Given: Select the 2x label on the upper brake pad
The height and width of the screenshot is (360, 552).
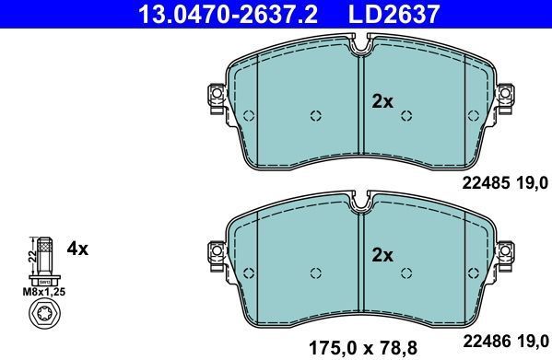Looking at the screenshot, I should (x=382, y=102).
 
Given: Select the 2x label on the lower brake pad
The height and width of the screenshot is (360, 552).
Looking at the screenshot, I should (x=382, y=254).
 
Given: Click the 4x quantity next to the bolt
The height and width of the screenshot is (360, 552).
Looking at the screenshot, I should (x=77, y=249).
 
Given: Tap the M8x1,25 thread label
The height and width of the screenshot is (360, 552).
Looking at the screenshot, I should (x=44, y=290).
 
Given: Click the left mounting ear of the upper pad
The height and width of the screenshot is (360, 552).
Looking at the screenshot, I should (x=217, y=96).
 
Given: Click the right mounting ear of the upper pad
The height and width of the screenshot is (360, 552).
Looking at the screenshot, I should (x=504, y=96).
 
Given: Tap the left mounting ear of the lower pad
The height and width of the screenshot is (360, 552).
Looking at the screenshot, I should (x=217, y=249).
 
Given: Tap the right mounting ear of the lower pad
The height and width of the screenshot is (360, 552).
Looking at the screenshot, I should (x=504, y=249).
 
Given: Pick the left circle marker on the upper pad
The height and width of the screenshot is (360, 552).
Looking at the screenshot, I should (x=314, y=116).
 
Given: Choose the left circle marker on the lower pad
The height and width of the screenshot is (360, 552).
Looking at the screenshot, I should (x=314, y=271).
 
